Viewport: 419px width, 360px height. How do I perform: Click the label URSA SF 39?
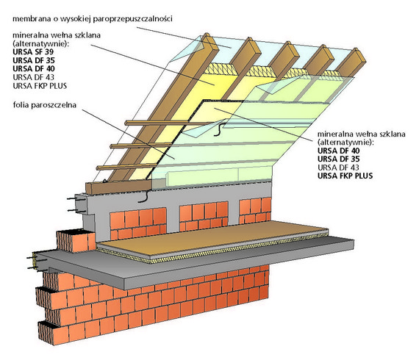tap(33, 51)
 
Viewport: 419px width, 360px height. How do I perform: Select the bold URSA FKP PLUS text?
tap(345, 176)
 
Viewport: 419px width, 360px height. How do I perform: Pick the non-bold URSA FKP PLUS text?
tap(40, 86)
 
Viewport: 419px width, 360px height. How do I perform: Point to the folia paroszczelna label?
tap(45, 105)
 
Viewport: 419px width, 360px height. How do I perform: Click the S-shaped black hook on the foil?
tap(219, 129)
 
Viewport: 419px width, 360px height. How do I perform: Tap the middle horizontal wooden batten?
tap(141, 145)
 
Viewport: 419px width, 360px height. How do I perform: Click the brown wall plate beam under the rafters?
tap(118, 187)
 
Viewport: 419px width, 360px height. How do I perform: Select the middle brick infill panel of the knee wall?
tap(204, 216)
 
